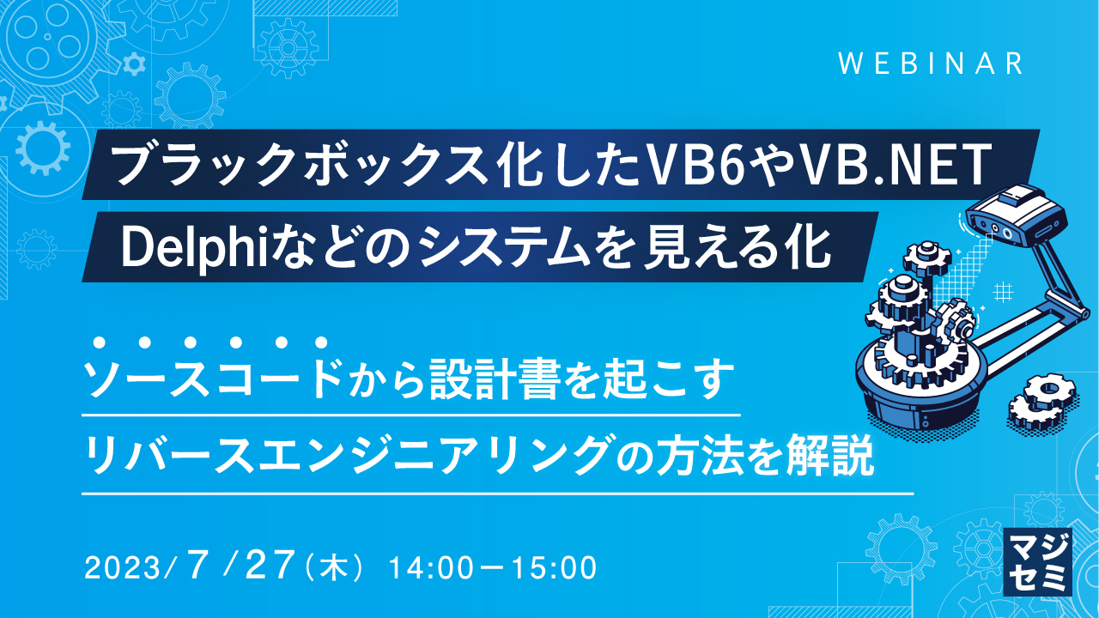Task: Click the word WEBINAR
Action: pyautogui.click(x=931, y=64)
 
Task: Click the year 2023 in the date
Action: pyautogui.click(x=129, y=567)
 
